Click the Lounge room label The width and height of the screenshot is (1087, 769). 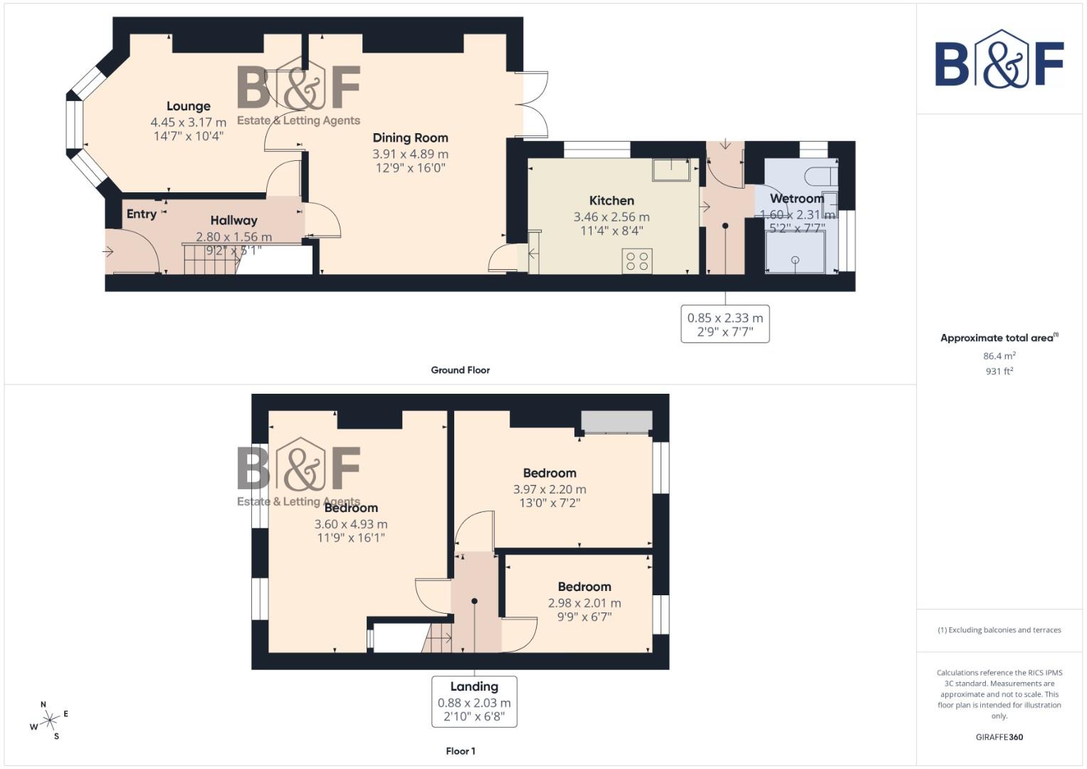coord(188,107)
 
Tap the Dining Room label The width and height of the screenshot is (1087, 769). coord(410,138)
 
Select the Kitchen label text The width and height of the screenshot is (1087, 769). coord(611,201)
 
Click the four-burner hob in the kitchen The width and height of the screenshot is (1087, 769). coord(636,261)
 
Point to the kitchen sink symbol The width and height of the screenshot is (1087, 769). coord(671,169)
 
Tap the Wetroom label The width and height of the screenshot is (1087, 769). coord(797,199)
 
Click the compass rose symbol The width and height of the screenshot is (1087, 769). coord(49,721)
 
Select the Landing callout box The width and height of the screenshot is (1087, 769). coord(474,701)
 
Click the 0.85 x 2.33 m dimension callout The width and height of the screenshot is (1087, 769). coord(725,325)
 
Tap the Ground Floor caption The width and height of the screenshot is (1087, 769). coord(460,370)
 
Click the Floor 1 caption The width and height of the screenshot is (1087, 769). coord(460,751)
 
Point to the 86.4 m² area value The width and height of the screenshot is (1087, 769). coord(999,356)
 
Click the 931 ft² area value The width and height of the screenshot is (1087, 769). coord(999,372)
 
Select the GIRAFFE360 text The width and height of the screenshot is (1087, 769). coord(999,738)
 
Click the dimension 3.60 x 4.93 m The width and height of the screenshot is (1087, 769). coord(351,524)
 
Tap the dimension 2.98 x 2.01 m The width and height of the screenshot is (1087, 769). coord(584,603)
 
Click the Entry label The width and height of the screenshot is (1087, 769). coord(141,214)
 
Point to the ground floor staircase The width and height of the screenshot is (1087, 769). coord(209,259)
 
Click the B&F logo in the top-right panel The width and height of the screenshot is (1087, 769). coord(999,61)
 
